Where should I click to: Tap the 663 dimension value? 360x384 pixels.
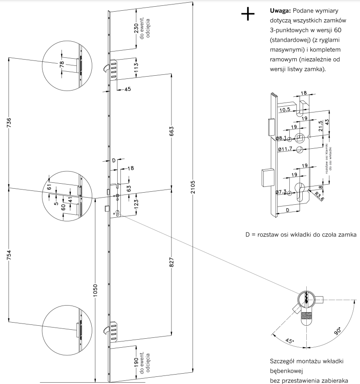pos(171,132)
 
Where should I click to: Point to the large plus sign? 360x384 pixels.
pos(248,15)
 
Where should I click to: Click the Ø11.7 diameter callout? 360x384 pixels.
pos(285,149)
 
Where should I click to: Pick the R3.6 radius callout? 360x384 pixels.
pos(319,195)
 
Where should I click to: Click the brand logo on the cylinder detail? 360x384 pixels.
pos(307,317)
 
